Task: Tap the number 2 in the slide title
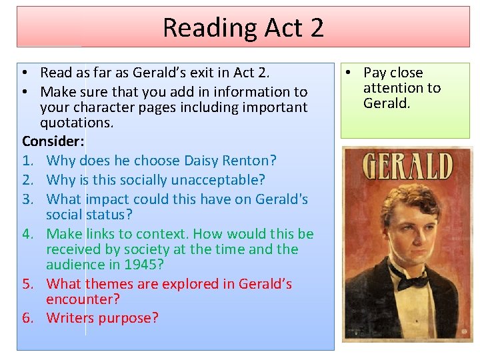coord(316,28)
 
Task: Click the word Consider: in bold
coord(53,141)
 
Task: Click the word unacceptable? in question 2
coord(221,179)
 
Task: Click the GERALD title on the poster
coord(407,166)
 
